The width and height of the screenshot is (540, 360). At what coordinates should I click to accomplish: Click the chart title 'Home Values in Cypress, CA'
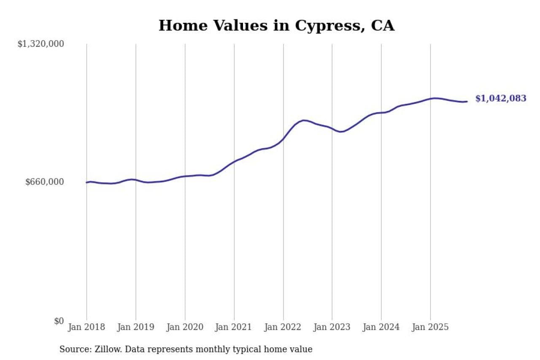pos(276,25)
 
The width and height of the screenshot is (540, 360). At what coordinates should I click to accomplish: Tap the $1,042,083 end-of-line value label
pos(501,98)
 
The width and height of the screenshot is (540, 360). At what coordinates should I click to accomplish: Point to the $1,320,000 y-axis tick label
pos(40,43)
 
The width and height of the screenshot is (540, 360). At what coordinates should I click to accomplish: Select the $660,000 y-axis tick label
pos(44,182)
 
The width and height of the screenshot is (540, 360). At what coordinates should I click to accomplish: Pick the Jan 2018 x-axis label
pos(86,327)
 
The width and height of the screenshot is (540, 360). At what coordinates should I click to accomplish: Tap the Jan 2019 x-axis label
pos(135,327)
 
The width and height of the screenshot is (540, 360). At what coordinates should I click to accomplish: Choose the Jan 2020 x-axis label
pos(185,327)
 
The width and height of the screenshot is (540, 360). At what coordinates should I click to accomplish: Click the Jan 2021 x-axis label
pos(234,327)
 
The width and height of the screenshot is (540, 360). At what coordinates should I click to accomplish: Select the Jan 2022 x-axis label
pos(283,327)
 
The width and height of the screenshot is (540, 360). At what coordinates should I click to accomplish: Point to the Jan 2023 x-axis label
pos(332,327)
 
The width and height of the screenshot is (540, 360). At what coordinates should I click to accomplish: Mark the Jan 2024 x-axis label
pos(381,327)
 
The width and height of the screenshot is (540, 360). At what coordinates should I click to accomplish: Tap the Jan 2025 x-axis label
pos(430,327)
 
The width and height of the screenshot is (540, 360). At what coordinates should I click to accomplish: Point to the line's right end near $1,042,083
pos(467,101)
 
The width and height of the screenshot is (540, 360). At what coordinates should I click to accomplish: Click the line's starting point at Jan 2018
pos(86,182)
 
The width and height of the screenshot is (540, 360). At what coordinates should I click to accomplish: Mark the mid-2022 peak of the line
pos(304,120)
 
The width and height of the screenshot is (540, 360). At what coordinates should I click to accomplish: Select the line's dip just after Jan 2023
pos(342,132)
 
